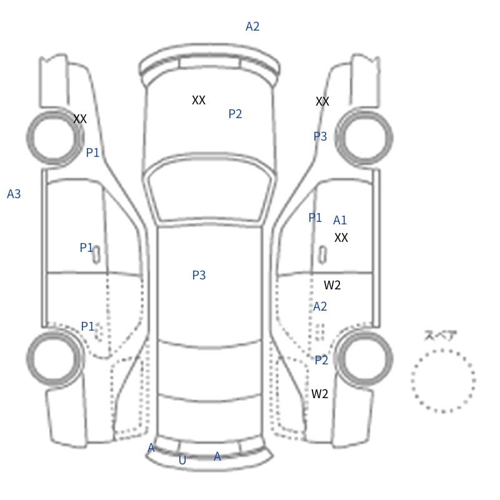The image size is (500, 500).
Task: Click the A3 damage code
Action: click(14, 194)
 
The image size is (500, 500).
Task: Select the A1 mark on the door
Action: click(339, 220)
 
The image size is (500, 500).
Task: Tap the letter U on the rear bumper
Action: click(182, 460)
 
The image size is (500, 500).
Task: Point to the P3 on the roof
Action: click(199, 275)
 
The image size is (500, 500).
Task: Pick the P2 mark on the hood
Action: click(236, 114)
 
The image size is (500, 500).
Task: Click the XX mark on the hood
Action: click(199, 100)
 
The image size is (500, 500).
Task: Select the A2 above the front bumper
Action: click(252, 26)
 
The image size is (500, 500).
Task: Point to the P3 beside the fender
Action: click(320, 136)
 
